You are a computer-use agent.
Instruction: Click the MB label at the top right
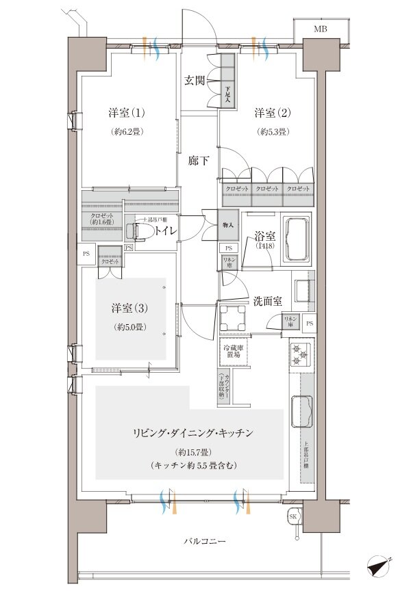pyautogui.click(x=321, y=29)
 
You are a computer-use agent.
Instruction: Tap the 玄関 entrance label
pyautogui.click(x=195, y=79)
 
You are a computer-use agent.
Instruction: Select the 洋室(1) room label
pyautogui.click(x=125, y=112)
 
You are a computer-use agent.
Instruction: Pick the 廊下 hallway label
pyautogui.click(x=199, y=161)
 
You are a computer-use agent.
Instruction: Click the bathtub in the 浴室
pyautogui.click(x=297, y=239)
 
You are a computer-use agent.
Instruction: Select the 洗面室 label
pyautogui.click(x=268, y=300)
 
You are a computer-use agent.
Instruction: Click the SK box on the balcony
pyautogui.click(x=293, y=516)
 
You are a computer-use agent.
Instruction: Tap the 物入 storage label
pyautogui.click(x=228, y=224)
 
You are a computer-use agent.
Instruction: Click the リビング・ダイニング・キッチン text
pyautogui.click(x=194, y=433)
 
